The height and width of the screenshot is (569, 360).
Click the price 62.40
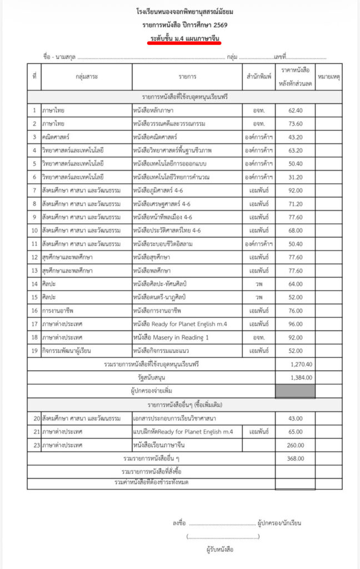(x=295, y=111)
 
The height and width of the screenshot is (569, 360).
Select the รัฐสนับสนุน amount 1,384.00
(x=301, y=377)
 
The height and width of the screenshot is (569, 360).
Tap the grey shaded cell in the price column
(x=295, y=391)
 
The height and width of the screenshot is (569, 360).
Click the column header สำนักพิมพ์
(x=259, y=77)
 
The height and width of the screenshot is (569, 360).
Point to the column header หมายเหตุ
(x=329, y=77)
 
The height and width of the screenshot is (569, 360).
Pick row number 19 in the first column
(x=34, y=351)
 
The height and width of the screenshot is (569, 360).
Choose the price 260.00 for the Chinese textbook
(x=295, y=445)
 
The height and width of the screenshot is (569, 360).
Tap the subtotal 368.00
(x=295, y=458)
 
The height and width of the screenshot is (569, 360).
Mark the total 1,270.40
(x=301, y=364)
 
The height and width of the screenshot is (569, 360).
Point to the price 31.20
(x=295, y=177)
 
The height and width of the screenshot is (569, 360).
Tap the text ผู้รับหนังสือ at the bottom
(x=219, y=550)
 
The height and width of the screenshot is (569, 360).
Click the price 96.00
(x=295, y=324)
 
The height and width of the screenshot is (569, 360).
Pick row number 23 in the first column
(x=34, y=445)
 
